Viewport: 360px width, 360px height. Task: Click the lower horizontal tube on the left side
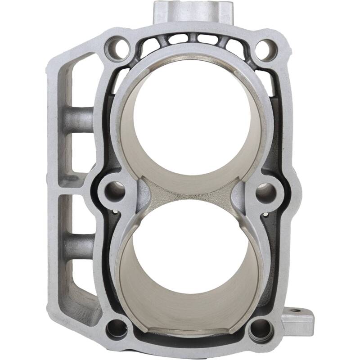(78, 245)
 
